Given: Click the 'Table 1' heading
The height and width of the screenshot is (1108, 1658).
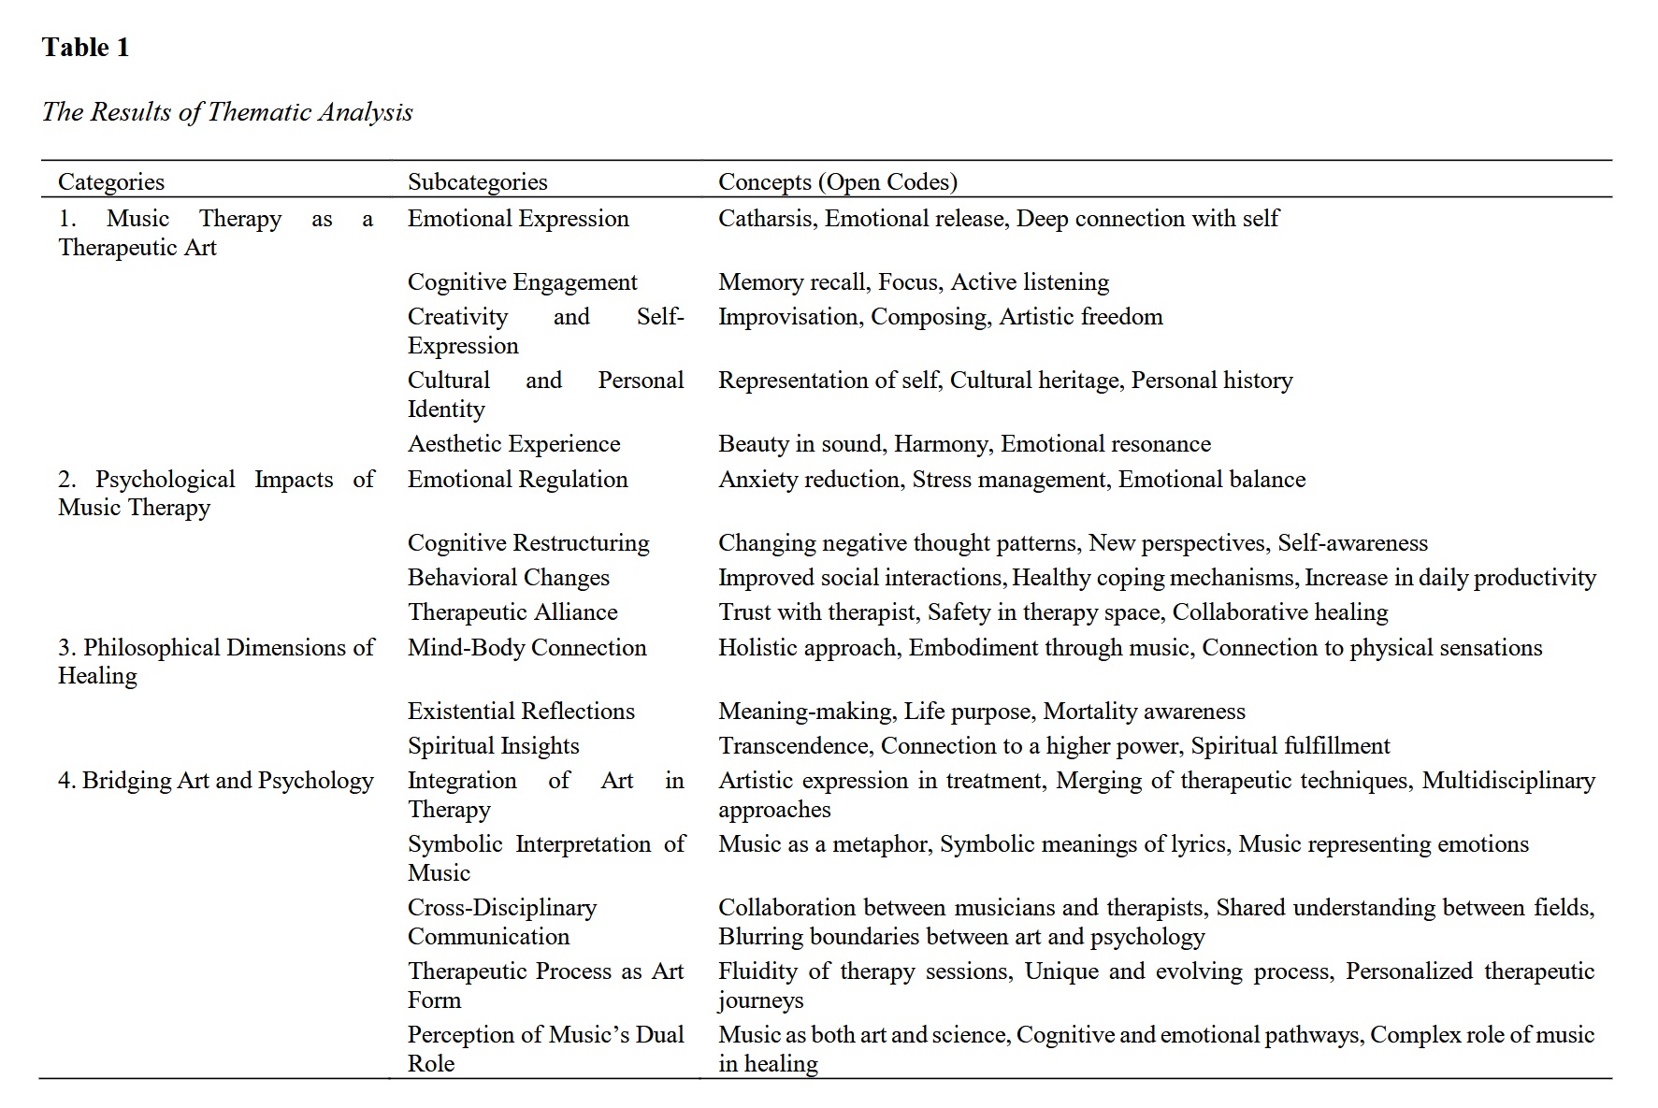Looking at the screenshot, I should [85, 48].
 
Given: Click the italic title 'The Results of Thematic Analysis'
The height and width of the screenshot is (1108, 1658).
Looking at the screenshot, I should [227, 112].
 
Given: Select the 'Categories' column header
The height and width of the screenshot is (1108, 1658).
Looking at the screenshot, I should [110, 181].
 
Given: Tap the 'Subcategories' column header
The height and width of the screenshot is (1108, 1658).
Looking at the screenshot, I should [477, 181].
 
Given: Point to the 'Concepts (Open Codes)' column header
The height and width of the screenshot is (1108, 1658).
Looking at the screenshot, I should [837, 181].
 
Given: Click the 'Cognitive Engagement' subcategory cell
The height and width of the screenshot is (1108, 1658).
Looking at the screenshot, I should [522, 282].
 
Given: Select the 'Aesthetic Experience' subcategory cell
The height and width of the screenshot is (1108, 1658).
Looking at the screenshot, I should [513, 444].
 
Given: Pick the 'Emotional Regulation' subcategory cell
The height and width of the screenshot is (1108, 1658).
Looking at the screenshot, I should [517, 480].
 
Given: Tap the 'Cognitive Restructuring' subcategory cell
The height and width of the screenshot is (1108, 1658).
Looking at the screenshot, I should [528, 543].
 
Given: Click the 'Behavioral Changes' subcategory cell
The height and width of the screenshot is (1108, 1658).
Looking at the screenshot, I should [508, 578].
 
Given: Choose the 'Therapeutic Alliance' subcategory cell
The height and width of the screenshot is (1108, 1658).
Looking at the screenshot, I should [512, 612].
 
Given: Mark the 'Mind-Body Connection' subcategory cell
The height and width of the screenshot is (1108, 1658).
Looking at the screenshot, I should [526, 648].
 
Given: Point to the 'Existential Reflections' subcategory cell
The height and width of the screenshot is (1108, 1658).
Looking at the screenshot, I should [521, 712].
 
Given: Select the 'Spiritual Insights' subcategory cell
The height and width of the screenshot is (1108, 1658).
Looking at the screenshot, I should [493, 746].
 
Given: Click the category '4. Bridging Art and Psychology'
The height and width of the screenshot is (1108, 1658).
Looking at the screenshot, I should [215, 781].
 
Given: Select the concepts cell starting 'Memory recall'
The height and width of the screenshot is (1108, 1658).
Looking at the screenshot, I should [913, 282].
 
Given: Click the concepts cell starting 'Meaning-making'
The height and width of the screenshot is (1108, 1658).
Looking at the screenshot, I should [981, 712].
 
